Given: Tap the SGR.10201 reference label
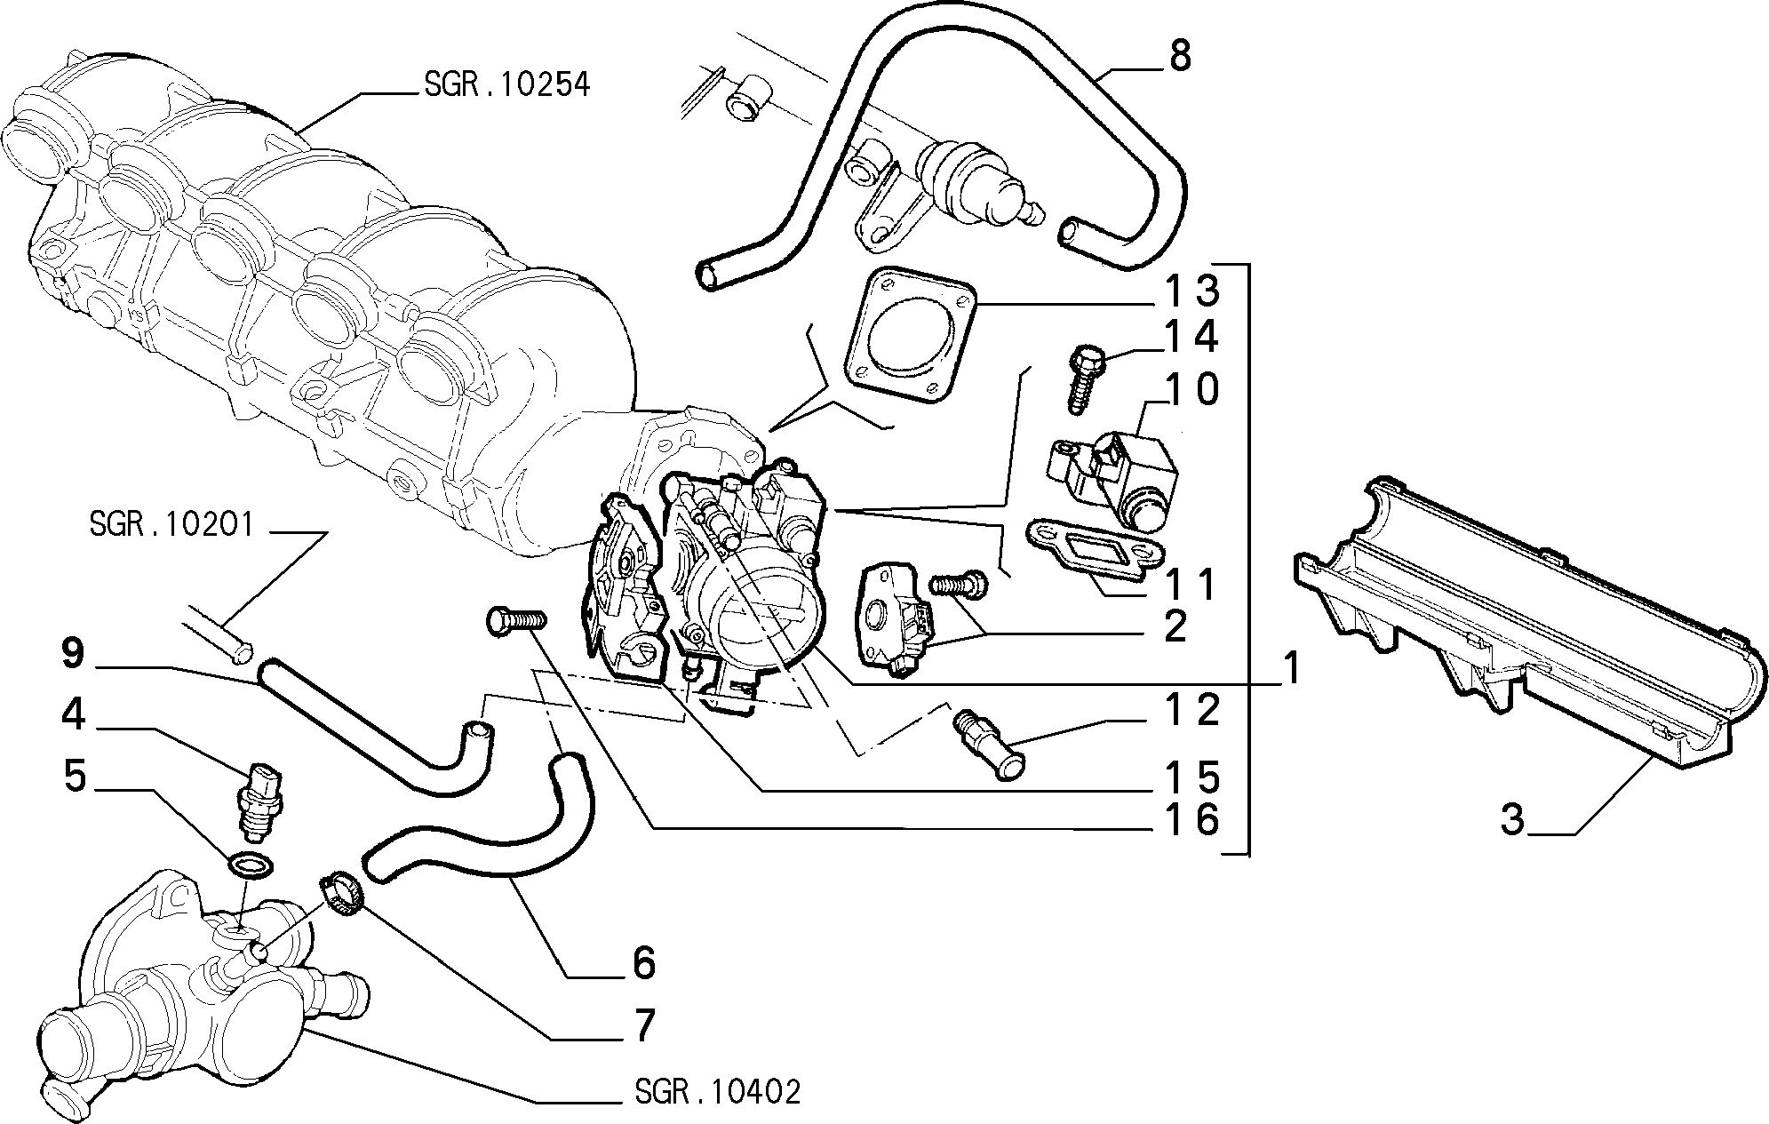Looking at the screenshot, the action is click(x=171, y=525).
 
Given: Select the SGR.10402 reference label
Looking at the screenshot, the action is click(x=718, y=1092).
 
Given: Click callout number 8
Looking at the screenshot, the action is click(x=1179, y=56).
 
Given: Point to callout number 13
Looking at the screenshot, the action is click(x=1192, y=291).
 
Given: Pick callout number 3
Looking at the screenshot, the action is click(x=1513, y=820).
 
